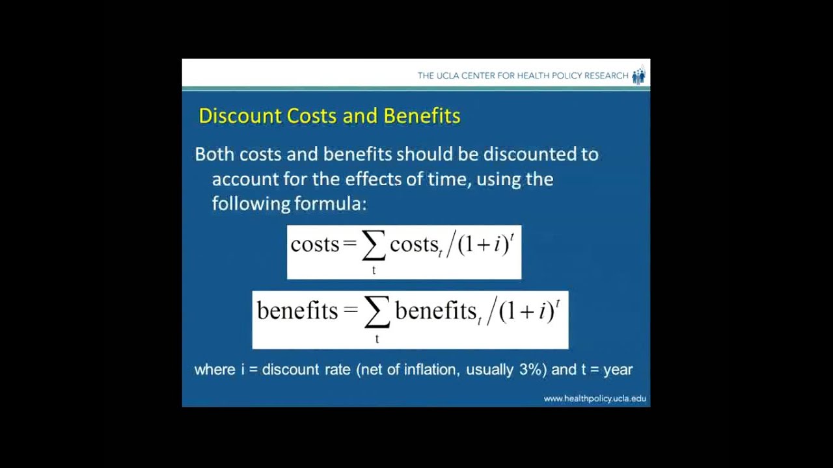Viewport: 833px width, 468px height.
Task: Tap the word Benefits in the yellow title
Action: tap(422, 116)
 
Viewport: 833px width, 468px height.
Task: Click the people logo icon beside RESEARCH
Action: tap(638, 75)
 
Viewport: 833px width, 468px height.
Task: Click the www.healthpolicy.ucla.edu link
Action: tap(595, 398)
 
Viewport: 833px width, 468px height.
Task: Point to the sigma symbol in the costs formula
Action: tap(374, 246)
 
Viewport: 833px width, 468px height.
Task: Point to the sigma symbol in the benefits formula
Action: tap(377, 313)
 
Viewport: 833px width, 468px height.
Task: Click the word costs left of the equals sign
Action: tap(315, 244)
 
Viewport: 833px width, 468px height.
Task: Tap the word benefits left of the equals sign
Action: tap(297, 311)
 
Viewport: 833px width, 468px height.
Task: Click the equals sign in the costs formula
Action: tap(350, 245)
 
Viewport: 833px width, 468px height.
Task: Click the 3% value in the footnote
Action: tap(532, 369)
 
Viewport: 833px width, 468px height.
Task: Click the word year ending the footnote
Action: tap(618, 369)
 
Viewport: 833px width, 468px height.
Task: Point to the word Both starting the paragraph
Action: tap(215, 154)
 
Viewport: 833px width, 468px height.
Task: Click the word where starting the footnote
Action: tap(215, 369)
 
